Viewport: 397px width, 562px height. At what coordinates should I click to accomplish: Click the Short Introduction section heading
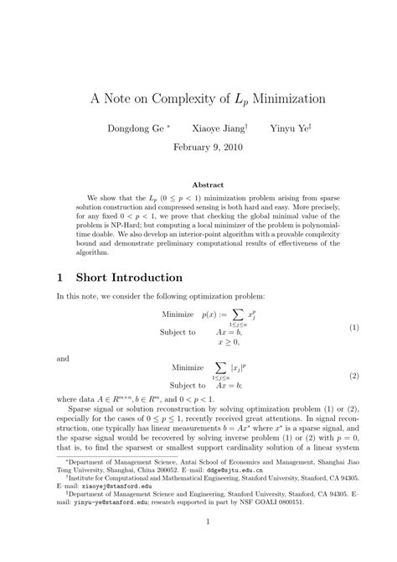(126, 276)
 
